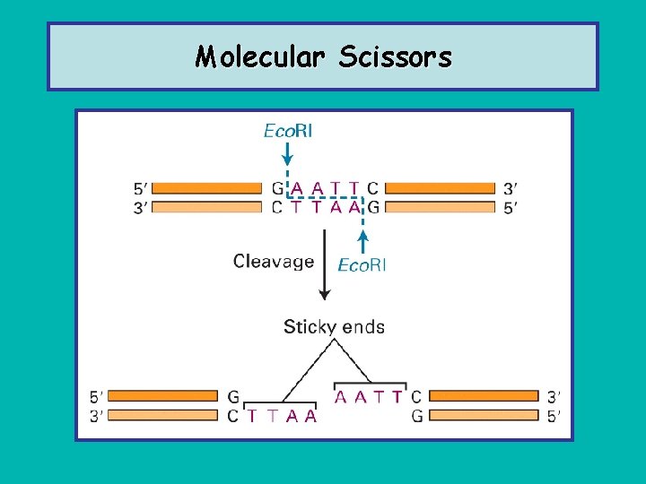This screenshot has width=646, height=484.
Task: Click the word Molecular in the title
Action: (x=263, y=57)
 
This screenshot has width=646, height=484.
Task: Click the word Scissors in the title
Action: (x=396, y=57)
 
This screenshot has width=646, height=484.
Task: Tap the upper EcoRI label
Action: (x=287, y=131)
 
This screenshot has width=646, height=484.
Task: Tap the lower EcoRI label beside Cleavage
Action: (x=362, y=265)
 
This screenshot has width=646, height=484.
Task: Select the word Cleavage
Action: (x=274, y=262)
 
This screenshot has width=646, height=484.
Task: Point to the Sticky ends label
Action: (x=334, y=327)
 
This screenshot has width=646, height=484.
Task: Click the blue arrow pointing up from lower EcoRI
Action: (x=362, y=239)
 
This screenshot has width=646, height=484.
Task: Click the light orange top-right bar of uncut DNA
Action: (x=440, y=207)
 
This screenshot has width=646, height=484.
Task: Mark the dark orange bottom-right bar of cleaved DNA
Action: (x=484, y=396)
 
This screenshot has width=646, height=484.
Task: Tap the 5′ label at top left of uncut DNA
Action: (x=142, y=189)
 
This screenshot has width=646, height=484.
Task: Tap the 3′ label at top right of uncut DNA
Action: (x=510, y=189)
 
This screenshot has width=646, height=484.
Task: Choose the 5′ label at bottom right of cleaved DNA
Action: (x=555, y=415)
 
